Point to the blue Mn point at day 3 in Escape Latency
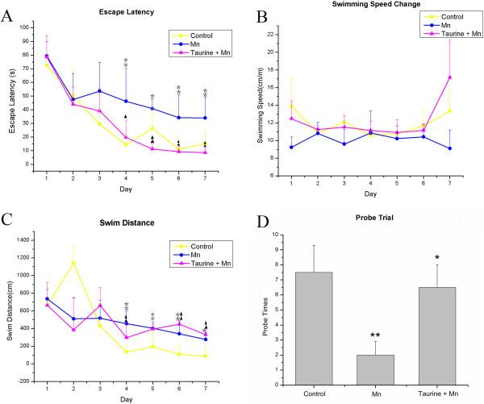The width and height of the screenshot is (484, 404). pos(99,91)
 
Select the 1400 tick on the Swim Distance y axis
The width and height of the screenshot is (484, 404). pos(25,240)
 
